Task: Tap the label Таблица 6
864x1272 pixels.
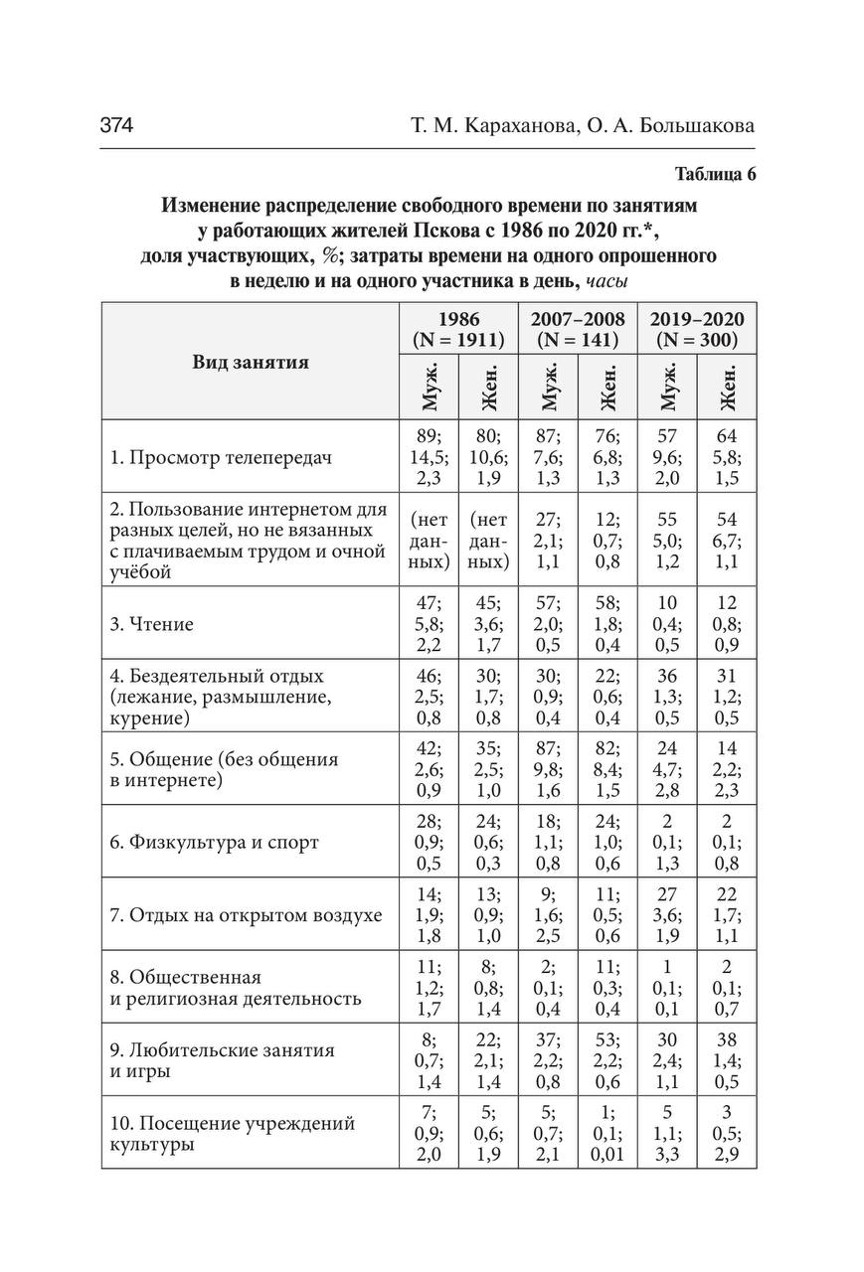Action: pyautogui.click(x=715, y=175)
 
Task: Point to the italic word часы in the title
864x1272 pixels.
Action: pyautogui.click(x=607, y=281)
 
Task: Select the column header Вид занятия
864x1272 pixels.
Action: pyautogui.click(x=250, y=362)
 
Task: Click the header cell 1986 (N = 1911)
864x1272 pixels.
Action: pyautogui.click(x=457, y=329)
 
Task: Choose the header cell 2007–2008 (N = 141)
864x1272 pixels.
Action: pyautogui.click(x=578, y=329)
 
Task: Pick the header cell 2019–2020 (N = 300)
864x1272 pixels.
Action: pyautogui.click(x=696, y=329)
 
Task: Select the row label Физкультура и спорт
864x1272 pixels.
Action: pyautogui.click(x=214, y=842)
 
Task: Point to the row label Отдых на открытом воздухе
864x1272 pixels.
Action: pyautogui.click(x=246, y=914)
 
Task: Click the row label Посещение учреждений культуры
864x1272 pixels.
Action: pyautogui.click(x=232, y=1133)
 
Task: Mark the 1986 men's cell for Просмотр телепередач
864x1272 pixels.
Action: pyautogui.click(x=430, y=458)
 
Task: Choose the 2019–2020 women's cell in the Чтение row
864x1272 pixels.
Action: pyautogui.click(x=727, y=624)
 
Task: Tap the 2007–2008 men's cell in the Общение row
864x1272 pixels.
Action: pyautogui.click(x=548, y=769)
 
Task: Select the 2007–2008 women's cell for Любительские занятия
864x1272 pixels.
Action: pyautogui.click(x=607, y=1060)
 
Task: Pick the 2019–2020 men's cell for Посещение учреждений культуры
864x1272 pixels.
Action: pyautogui.click(x=668, y=1133)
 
